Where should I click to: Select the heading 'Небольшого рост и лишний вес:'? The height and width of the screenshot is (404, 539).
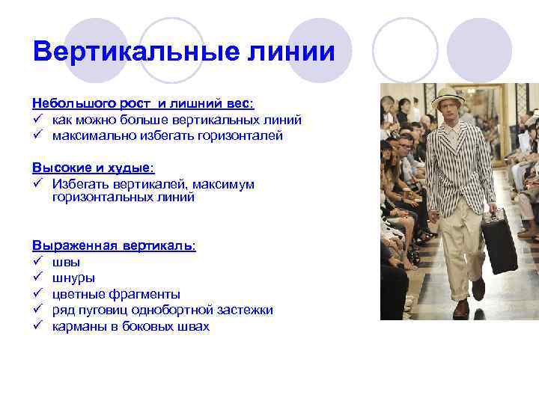coord(143,102)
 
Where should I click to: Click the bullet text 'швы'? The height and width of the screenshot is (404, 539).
coord(66,262)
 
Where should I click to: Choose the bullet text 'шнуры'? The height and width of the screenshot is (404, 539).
coord(73,278)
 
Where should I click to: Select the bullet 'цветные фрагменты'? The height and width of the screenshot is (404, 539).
coord(116,294)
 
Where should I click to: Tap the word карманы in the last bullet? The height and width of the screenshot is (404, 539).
coord(78,327)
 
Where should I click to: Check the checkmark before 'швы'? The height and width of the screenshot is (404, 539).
coord(37,262)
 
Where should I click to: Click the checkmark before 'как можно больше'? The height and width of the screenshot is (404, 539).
coord(37,119)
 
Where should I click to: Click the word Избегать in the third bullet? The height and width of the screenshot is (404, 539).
coord(79,184)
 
